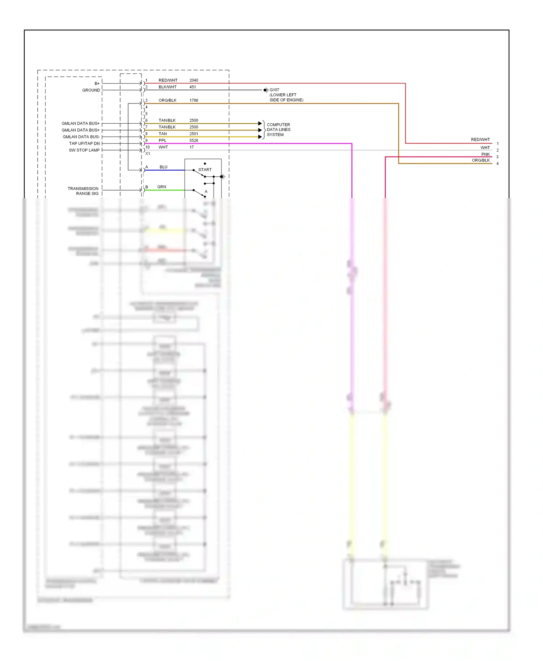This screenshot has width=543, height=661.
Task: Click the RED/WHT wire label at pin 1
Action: (168, 80)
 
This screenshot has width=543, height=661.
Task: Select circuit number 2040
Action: (194, 80)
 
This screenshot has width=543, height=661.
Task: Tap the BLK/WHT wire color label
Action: (168, 87)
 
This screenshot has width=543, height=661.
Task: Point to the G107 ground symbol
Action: (266, 90)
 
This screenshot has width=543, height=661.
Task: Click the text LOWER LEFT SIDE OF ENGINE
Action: (286, 97)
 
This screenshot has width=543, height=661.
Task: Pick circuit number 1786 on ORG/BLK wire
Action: (194, 100)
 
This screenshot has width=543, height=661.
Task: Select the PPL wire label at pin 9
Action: (163, 140)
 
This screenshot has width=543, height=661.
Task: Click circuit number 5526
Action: (194, 140)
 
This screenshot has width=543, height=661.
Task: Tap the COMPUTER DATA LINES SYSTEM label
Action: (278, 129)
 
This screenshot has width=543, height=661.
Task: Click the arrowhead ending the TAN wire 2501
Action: (260, 137)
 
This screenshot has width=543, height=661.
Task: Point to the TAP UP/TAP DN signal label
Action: (84, 144)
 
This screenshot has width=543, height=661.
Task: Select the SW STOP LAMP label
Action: (84, 150)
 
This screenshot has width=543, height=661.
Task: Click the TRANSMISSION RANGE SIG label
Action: (83, 191)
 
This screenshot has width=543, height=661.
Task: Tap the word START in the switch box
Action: (205, 170)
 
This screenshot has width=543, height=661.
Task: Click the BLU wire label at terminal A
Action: (163, 167)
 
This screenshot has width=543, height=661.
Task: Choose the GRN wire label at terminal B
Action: (161, 187)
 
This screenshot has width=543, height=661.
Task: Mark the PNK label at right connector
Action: (485, 154)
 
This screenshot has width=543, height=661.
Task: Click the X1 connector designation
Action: (148, 154)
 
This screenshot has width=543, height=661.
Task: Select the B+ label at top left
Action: (97, 84)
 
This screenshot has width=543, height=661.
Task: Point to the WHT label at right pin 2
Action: (485, 148)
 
